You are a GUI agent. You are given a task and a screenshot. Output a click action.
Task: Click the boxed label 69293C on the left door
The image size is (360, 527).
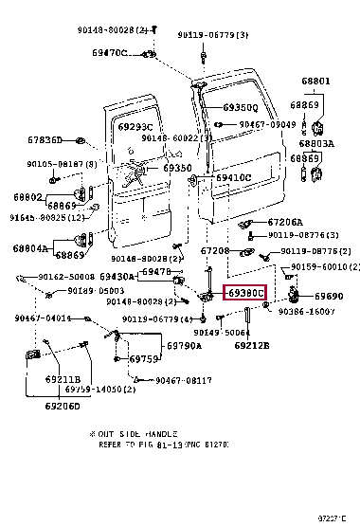tap(136, 126)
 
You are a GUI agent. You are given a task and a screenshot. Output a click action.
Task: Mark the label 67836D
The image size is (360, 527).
tap(45, 140)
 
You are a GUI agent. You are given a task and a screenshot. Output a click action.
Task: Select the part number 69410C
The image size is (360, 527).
tap(233, 177)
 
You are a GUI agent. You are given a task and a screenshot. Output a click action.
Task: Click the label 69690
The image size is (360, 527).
tap(329, 297)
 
